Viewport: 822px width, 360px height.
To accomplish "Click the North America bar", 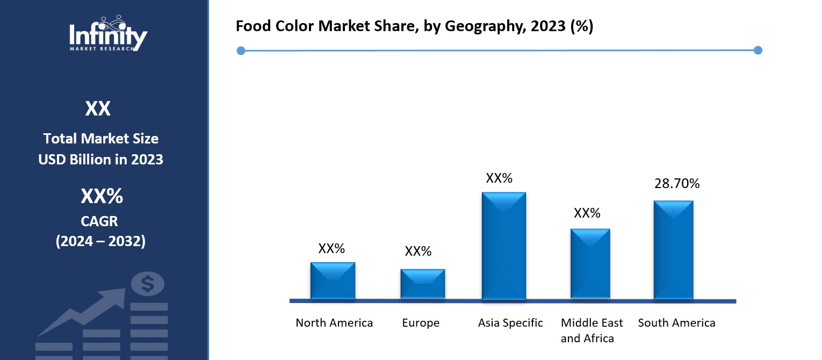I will coord(333,280).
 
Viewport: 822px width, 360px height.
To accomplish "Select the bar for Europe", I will coord(422,284).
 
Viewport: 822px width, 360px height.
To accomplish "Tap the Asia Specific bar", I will coord(503,246).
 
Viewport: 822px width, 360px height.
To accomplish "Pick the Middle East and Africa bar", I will coord(590,263).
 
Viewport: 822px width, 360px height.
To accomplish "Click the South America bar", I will coord(673,250).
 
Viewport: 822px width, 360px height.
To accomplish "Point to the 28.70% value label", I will coord(676,184).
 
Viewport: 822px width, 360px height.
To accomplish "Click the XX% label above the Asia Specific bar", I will coord(499,178).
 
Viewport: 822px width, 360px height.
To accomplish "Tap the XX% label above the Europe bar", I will coord(418,251).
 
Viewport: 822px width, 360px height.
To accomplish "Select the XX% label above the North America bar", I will coord(331,249).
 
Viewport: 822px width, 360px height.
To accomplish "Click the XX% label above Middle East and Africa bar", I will coord(587,213).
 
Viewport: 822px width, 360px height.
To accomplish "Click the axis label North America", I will coord(334,323).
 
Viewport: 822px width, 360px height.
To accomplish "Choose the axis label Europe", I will coord(421,323).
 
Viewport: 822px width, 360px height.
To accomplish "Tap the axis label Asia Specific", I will coord(510,323).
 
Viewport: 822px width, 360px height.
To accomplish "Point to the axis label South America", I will coord(676,323).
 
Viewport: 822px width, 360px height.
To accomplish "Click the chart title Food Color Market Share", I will coord(414,26).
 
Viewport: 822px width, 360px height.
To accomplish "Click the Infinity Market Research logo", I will coord(108,33).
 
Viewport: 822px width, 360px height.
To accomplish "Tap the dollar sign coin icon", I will coord(148,283).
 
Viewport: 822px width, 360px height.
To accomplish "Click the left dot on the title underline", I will coord(241,51).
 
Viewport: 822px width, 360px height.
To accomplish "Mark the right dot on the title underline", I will coord(758,51).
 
